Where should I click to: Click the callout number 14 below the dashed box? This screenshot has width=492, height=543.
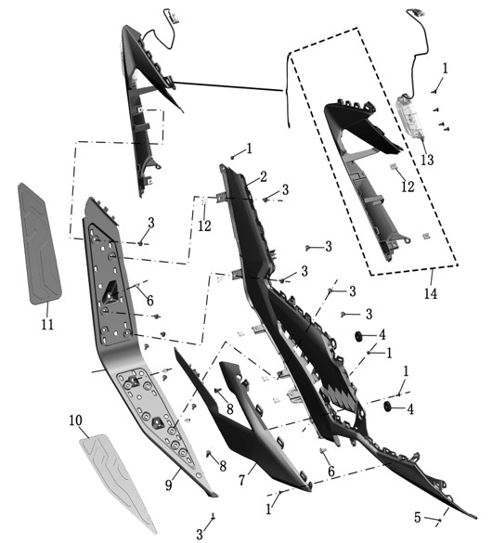point(431,293)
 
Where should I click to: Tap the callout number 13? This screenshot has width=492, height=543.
point(427,160)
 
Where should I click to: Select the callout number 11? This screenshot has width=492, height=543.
point(47,325)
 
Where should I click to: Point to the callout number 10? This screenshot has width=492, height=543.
point(75,420)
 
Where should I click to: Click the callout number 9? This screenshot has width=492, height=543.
point(169,485)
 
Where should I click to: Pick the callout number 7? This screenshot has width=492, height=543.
point(242,480)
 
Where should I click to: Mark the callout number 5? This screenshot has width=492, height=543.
point(418,517)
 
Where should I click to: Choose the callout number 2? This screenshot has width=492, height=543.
point(264,176)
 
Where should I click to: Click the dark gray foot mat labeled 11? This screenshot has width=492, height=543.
point(39,244)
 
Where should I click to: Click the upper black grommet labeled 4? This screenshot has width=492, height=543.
point(358,336)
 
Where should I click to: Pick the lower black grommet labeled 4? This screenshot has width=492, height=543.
point(387,407)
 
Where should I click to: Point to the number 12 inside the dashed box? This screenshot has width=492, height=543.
point(408,187)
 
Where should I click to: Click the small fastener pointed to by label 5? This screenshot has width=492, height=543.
point(439,520)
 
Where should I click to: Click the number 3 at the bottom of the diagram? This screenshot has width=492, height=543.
point(200,534)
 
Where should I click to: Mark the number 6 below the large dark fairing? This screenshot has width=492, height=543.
point(331,472)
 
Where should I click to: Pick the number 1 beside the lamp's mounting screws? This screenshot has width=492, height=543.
point(446,68)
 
